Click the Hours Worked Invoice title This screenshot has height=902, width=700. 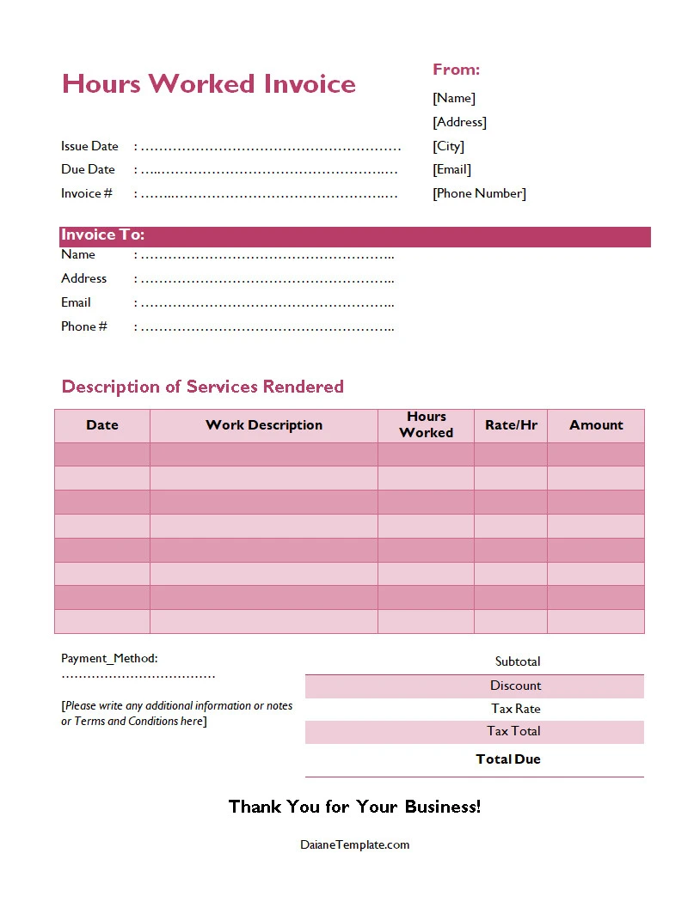pos(208,84)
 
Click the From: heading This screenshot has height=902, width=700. pos(456,70)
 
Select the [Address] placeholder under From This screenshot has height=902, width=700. pos(459,122)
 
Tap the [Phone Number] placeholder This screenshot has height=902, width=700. pos(479,193)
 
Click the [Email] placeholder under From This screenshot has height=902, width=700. pos(451,169)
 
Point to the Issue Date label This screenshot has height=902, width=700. pos(89,146)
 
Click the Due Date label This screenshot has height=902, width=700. pos(88,169)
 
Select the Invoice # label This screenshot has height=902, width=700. pos(86,193)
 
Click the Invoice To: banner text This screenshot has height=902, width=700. pos(102,235)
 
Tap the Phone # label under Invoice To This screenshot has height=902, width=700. pos(84,326)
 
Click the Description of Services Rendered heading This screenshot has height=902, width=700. pos(202,387)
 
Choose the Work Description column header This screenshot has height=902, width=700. pos(264,425)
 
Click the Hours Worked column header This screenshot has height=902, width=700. pos(426,425)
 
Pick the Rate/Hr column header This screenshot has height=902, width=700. pos(511,425)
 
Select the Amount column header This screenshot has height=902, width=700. pos(596,425)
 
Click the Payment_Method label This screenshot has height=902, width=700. pos(109,658)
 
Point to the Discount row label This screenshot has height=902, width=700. pos(515,686)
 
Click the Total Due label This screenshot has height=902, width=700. pos(508,759)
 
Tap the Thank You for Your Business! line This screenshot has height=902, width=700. pos(354,807)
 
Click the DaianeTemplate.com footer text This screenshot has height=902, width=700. pos(354,844)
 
